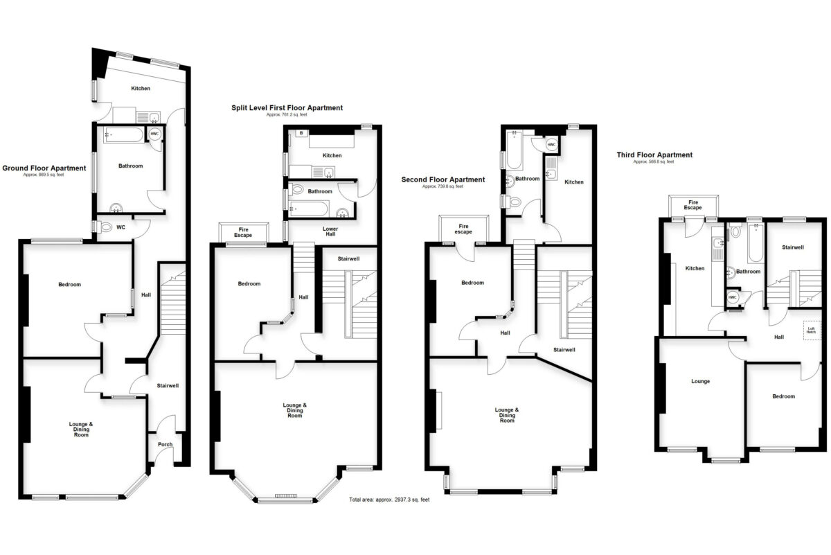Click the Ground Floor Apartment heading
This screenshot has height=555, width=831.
(44, 168)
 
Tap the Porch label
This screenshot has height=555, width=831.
(166, 444)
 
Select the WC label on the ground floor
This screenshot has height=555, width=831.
(120, 227)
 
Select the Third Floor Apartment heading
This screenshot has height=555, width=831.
(654, 155)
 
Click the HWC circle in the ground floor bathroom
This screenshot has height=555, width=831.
(155, 134)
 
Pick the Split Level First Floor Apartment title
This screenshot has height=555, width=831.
(287, 107)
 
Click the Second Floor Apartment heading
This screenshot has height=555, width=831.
(443, 179)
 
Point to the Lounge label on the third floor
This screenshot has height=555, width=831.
(701, 381)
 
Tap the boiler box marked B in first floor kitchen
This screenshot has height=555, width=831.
(302, 132)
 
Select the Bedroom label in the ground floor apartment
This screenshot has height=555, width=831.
(69, 284)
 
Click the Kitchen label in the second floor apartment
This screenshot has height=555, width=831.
(574, 182)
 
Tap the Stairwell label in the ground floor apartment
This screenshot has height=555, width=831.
(167, 385)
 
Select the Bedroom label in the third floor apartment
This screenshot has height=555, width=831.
(783, 396)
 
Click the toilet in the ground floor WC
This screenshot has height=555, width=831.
(105, 227)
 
